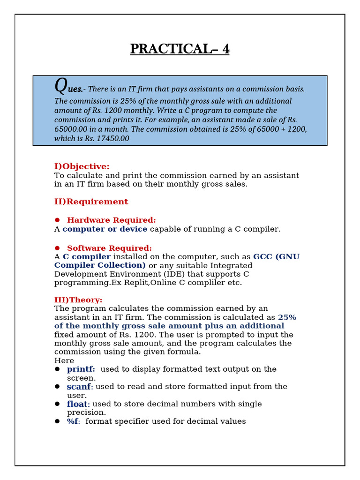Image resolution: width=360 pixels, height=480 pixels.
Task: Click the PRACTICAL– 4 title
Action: pos(180,49)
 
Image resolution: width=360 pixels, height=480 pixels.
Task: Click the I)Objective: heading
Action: pos(82,166)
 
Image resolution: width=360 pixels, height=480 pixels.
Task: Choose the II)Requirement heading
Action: pos(91,202)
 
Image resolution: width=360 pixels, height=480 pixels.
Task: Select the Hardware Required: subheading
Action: pos(112,220)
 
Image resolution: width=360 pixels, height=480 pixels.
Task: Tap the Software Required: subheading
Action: pos(109,248)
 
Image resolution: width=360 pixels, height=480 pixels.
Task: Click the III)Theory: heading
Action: pos(78,300)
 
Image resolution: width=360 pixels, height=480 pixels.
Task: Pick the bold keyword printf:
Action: pos(81,369)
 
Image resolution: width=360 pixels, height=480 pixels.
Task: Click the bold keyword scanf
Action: pos(79,387)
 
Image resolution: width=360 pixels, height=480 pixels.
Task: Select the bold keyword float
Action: pos(77,404)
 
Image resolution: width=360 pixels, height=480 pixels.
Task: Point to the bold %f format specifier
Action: pos(73,421)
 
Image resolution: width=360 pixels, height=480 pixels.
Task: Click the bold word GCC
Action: pos(263,257)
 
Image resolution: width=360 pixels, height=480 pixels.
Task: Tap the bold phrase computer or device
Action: pos(105,229)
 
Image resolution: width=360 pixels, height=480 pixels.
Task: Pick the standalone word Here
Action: pos(64,361)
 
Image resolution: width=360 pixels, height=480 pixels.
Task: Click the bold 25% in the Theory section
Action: pos(287,317)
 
